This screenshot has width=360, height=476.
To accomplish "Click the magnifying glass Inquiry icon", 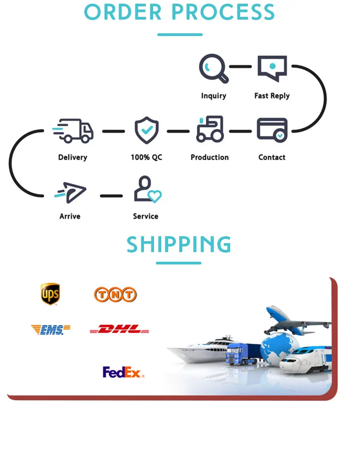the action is (x=213, y=68).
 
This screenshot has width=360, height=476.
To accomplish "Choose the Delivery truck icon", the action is (x=73, y=130).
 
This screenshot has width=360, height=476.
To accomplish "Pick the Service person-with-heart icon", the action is (x=147, y=189).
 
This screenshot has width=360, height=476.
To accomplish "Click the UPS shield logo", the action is (x=50, y=294).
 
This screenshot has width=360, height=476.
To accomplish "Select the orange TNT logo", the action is (x=115, y=295).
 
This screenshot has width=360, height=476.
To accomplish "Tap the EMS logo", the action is (x=51, y=330).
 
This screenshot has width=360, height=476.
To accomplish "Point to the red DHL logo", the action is (x=119, y=329).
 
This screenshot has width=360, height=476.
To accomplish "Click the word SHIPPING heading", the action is (x=179, y=245).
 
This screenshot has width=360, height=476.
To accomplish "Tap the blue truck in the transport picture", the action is (x=240, y=353).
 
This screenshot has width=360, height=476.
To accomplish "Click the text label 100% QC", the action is (x=146, y=157).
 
